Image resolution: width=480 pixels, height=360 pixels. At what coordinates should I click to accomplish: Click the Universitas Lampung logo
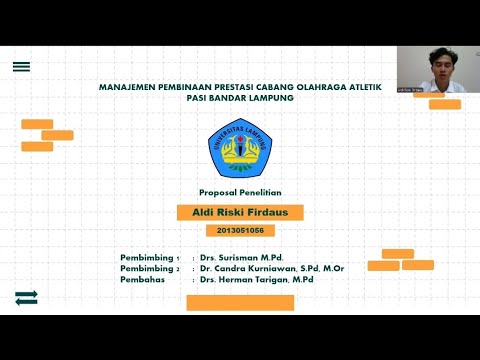(x=239, y=148)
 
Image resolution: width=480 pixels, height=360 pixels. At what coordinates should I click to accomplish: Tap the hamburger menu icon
(x=21, y=67)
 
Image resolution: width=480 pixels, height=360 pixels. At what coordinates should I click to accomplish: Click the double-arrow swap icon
(x=26, y=297)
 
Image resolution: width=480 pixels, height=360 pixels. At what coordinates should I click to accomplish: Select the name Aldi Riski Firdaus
(x=240, y=212)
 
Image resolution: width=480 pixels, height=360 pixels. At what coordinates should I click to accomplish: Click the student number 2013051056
(x=240, y=230)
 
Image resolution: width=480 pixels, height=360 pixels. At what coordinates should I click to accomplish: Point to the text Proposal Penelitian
(x=240, y=191)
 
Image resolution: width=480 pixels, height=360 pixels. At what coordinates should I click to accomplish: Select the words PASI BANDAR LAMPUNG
(x=239, y=98)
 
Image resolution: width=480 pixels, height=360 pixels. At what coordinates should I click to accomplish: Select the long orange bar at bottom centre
(x=240, y=302)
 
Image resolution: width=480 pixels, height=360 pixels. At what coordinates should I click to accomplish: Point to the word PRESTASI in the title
(x=233, y=87)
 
